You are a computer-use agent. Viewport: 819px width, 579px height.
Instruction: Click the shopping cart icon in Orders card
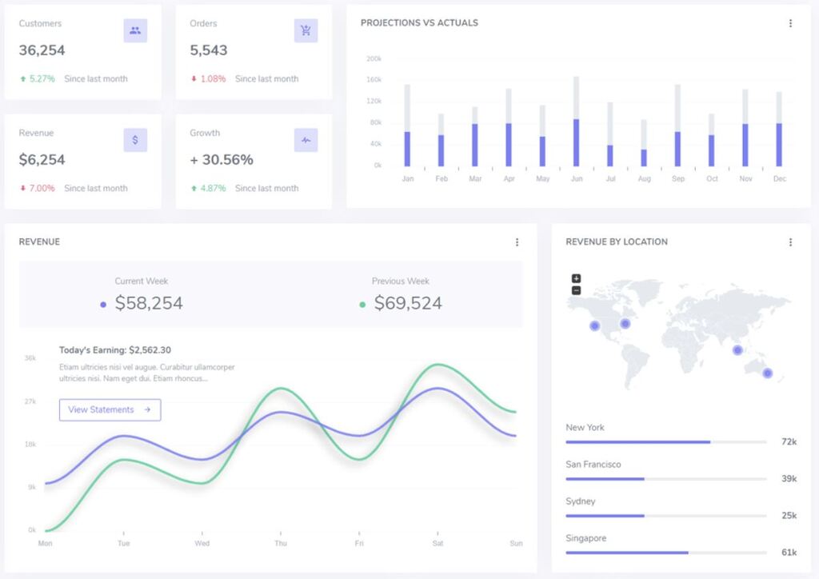coord(306,31)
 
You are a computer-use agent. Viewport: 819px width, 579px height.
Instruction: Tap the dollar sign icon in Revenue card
coord(135,140)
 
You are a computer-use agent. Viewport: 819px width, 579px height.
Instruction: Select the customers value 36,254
coord(42,50)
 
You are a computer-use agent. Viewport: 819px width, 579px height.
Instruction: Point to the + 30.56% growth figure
coord(222,160)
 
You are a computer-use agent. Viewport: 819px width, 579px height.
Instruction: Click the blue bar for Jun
coord(576,142)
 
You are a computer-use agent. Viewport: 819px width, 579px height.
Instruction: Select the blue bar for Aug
coord(644,158)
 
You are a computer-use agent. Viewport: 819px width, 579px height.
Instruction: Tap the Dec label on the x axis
coord(780,179)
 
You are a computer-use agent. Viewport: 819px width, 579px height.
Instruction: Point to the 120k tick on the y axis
coord(374,102)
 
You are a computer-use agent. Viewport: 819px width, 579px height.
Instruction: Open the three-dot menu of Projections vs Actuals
coord(790,23)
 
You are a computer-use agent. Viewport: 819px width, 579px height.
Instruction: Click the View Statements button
coord(110,410)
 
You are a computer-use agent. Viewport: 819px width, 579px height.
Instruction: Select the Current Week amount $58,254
coord(149,304)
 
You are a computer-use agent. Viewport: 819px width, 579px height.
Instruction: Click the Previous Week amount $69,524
coord(408,304)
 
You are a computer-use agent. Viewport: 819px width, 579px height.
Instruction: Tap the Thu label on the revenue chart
coord(280,544)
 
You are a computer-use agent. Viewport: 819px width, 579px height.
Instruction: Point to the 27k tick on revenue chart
coord(30,401)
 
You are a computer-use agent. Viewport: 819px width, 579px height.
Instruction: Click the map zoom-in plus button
coord(576,278)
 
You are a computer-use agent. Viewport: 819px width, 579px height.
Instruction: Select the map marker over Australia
coord(768,373)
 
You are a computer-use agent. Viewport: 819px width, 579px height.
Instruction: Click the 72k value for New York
coord(789,442)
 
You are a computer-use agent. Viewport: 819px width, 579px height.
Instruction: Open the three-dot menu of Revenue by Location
coord(790,242)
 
